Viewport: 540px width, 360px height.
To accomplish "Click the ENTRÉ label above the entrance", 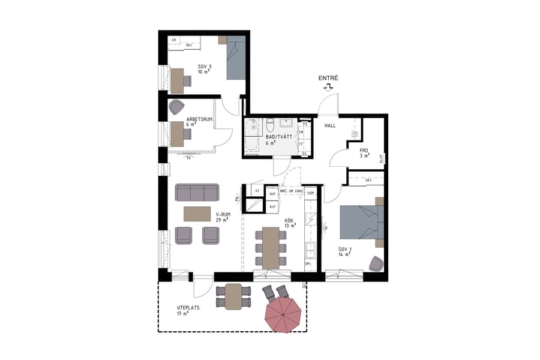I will click(x=329, y=78).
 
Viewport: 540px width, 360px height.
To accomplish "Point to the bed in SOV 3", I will click(x=236, y=58).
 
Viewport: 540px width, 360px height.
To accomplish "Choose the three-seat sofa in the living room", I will click(x=197, y=193).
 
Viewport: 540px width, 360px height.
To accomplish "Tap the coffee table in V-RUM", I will click(x=197, y=214).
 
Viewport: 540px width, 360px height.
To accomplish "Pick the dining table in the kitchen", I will click(x=271, y=247).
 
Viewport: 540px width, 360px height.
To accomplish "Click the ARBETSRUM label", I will click(x=200, y=119).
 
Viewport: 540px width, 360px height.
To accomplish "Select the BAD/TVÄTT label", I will click(x=278, y=137).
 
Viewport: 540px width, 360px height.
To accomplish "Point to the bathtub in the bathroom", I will click(x=252, y=136).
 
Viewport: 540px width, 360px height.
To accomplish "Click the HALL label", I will click(x=330, y=126).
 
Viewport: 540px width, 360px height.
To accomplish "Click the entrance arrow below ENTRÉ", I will click(x=328, y=87).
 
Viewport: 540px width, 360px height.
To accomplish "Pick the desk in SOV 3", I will click(x=177, y=80).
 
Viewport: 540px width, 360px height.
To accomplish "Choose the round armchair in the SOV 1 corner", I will click(x=376, y=263).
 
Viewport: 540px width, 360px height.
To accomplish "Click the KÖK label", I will click(x=290, y=223).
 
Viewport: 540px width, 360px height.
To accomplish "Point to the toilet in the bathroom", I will click(x=270, y=125).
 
